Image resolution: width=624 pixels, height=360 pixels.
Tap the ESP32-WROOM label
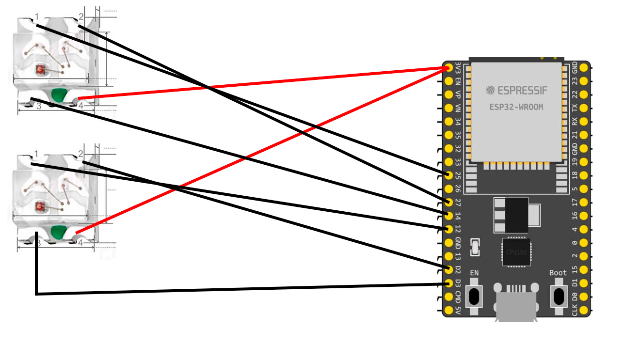pos(516,107)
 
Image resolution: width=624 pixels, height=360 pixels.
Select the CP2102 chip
pos(516,252)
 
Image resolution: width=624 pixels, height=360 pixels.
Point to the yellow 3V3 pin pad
pos(449,67)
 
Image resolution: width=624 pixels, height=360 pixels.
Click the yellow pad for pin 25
pos(449,175)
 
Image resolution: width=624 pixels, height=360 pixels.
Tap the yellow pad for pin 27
pos(449,202)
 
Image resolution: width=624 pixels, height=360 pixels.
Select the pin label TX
pos(575,108)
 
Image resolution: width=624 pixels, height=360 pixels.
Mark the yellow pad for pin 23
pos(584,80)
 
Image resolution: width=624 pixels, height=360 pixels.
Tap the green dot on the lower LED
pos(58,233)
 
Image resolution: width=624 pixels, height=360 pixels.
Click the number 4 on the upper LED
pos(81,105)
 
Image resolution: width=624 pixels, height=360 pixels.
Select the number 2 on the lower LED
pos(80,154)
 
